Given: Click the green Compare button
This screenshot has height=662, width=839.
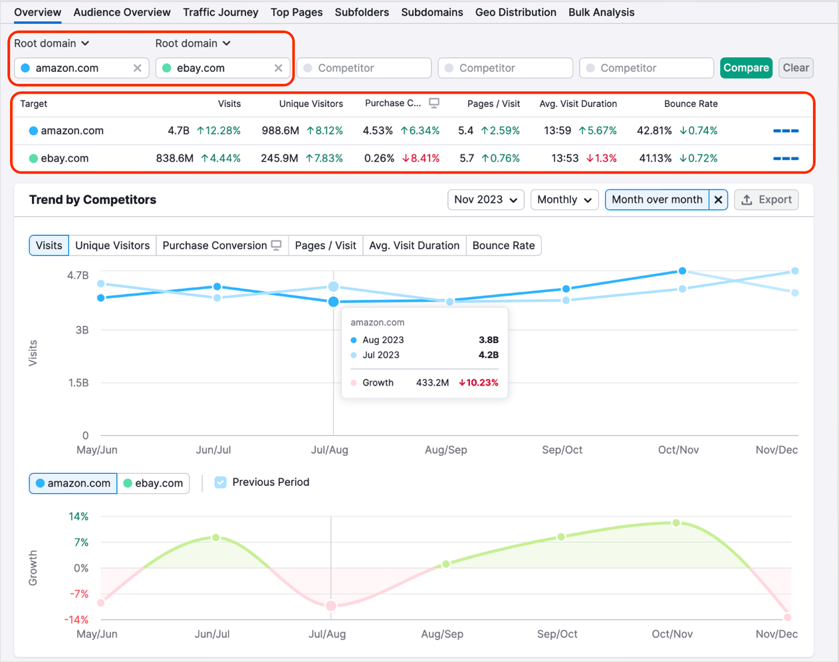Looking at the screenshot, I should tap(746, 68).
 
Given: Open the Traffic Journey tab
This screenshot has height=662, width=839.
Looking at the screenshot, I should tap(220, 12).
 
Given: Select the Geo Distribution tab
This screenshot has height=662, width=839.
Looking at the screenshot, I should tap(515, 12).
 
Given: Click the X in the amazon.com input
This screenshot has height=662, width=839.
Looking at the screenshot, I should tap(137, 68).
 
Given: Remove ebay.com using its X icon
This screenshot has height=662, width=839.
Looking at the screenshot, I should tap(278, 68).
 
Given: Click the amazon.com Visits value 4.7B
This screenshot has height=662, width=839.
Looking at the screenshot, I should tap(178, 131).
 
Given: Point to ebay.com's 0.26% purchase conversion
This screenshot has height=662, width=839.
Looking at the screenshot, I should tap(379, 158).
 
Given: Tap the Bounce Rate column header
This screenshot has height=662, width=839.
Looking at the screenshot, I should tap(690, 104).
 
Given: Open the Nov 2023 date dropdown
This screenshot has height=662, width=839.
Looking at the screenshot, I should tap(485, 199).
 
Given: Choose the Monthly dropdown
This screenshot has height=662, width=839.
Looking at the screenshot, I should tap(564, 199).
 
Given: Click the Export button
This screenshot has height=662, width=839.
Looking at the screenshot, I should tap(766, 199).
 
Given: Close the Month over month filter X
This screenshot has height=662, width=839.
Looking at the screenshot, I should tap(718, 199).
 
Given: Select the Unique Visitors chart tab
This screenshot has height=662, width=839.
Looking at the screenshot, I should tap(112, 245).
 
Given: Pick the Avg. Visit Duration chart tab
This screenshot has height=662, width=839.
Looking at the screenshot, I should tap(414, 245).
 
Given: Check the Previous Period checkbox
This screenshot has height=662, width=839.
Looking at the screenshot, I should tap(221, 483).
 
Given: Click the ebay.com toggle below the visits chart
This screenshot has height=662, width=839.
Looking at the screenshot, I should tap(154, 483).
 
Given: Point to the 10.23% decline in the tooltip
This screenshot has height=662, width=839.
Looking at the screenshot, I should tap(478, 383).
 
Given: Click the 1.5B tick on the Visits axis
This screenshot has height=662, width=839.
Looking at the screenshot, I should tap(78, 383).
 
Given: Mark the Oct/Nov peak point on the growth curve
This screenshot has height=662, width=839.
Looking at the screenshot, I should tap(676, 523).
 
